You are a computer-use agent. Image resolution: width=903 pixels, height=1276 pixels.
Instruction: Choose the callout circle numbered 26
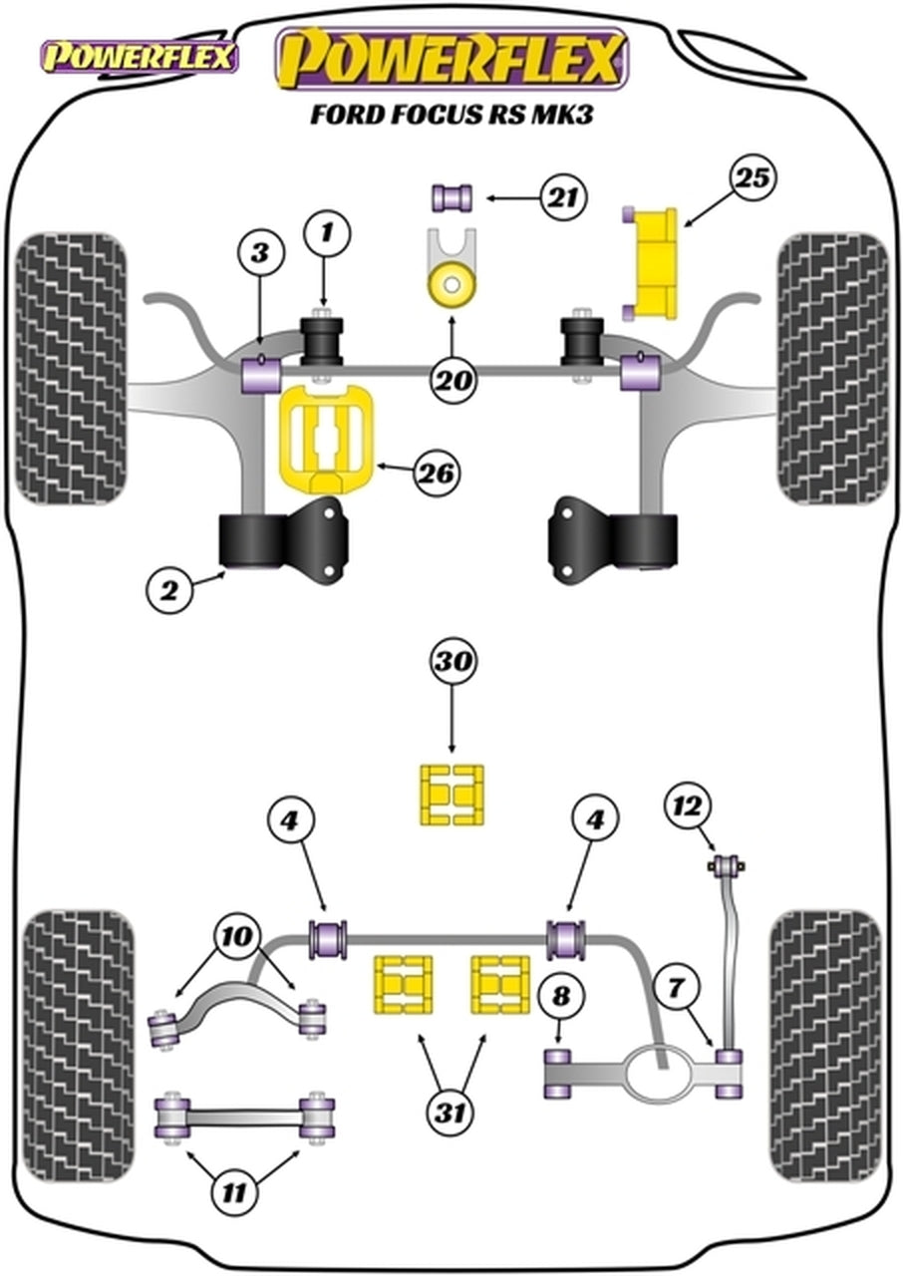pos(437,474)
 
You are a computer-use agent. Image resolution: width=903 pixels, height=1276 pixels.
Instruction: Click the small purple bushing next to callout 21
pos(451,197)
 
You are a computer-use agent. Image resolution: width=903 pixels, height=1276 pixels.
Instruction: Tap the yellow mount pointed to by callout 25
pos(654,265)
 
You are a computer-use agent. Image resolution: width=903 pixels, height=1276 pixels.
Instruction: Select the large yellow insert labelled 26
pos(323,440)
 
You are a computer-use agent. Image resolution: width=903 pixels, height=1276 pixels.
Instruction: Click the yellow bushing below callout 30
pos(451,795)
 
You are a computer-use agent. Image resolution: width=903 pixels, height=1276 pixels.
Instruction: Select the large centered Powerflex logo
pos(451,60)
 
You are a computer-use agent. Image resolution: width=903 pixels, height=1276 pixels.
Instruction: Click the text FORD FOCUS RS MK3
pos(451,115)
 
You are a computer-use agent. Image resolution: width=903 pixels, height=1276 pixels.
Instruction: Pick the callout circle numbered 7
pos(677,989)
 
